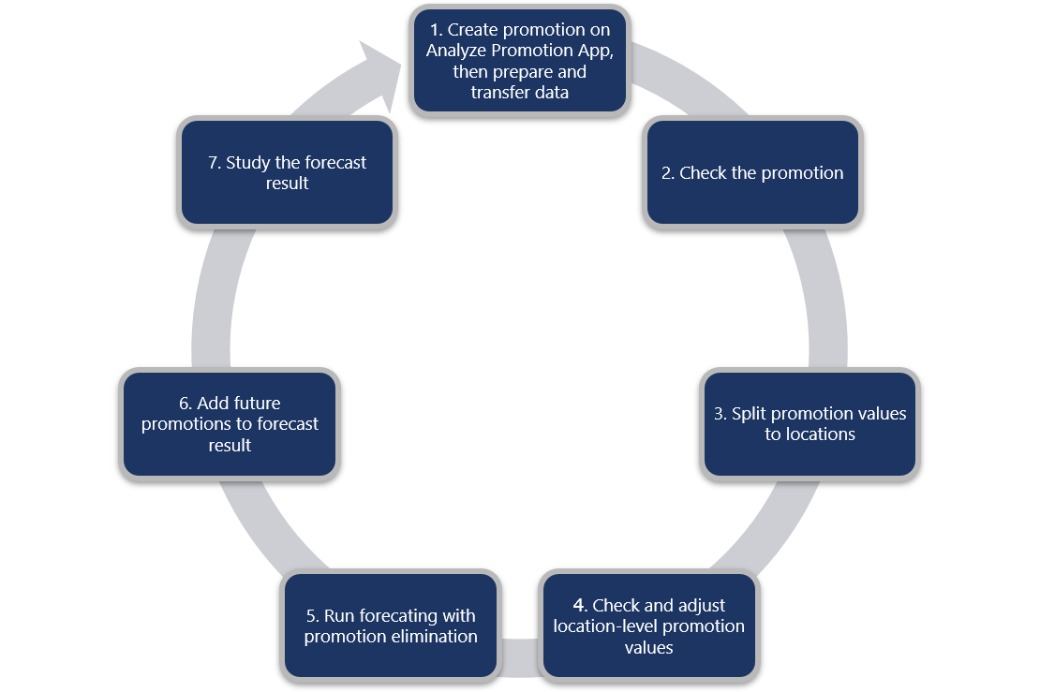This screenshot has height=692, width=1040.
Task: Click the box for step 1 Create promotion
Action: click(519, 60)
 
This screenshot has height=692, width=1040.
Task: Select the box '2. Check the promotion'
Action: click(752, 172)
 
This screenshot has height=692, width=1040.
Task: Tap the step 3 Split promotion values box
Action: click(810, 423)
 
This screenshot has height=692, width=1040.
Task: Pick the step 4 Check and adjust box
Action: click(648, 626)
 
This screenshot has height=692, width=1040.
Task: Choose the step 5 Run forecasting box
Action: click(391, 626)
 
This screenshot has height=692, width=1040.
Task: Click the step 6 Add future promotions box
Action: click(230, 423)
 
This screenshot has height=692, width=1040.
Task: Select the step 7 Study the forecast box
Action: click(287, 172)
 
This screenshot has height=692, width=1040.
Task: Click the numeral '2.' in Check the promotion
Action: click(668, 173)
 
